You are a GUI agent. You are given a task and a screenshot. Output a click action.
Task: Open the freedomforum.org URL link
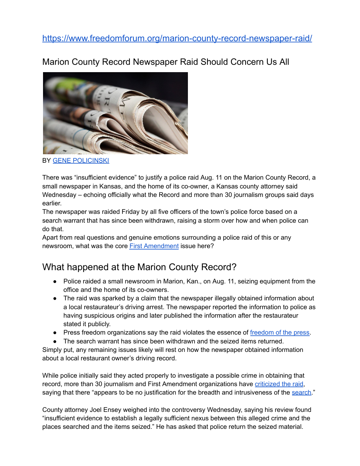point(177,38)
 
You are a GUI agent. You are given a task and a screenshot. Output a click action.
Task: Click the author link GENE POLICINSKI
point(81,160)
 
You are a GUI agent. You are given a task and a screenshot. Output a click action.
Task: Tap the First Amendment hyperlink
point(154,246)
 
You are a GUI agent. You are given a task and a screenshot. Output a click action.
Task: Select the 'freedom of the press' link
point(279,332)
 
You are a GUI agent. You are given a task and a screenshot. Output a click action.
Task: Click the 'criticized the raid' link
point(279,384)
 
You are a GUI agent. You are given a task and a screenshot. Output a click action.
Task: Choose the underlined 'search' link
point(301,392)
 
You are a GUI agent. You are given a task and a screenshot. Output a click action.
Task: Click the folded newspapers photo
point(115,113)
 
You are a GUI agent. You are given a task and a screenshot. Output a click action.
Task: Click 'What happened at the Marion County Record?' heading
point(139,267)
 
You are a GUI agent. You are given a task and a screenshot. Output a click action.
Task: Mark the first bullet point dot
point(55,281)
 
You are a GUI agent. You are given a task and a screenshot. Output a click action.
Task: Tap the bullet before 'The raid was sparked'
point(55,299)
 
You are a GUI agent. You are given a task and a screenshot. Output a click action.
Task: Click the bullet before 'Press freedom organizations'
point(55,333)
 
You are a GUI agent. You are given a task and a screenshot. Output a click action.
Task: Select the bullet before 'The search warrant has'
point(55,341)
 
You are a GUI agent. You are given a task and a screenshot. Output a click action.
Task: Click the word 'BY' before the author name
point(46,160)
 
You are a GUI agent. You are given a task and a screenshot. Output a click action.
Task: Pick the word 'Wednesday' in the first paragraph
point(58,195)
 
